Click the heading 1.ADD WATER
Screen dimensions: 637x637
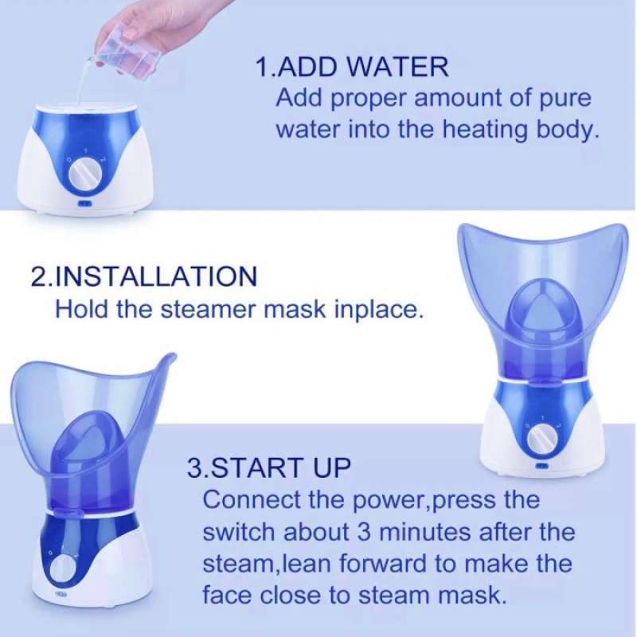pyautogui.click(x=352, y=66)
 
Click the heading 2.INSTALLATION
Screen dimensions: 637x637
pyautogui.click(x=144, y=276)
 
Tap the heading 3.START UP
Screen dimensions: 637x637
pyautogui.click(x=268, y=467)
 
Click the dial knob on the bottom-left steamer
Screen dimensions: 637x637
pyautogui.click(x=62, y=570)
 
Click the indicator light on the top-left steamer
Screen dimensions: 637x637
pyautogui.click(x=83, y=203)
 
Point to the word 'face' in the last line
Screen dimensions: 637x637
pyautogui.click(x=232, y=594)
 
